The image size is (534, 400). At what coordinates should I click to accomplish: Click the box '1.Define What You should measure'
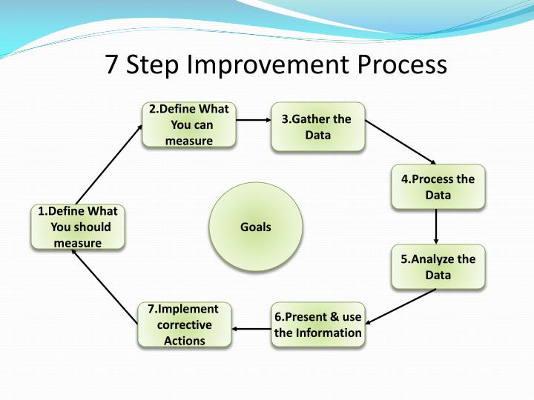coord(77,227)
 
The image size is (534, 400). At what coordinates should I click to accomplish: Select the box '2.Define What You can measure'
coord(189,125)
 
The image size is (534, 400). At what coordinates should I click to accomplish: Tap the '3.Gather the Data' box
coord(318,127)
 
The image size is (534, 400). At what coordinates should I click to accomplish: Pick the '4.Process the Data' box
coord(438,187)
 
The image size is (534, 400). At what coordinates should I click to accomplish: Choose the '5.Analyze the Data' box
coord(438,267)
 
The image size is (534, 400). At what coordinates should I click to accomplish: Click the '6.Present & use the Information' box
coord(318,324)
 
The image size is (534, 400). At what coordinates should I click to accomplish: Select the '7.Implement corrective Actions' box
coord(184,324)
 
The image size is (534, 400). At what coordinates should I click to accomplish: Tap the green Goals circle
coord(256,227)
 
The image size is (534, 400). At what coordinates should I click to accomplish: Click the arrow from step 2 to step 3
coord(253,119)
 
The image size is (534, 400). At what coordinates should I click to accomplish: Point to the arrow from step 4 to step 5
coord(436,227)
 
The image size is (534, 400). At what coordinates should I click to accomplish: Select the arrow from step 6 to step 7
coord(251,327)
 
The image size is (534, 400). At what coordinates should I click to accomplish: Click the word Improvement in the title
coord(271,65)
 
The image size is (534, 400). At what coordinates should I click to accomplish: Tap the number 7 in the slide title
coord(112,65)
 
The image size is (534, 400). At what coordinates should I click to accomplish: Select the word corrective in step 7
coord(184,324)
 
